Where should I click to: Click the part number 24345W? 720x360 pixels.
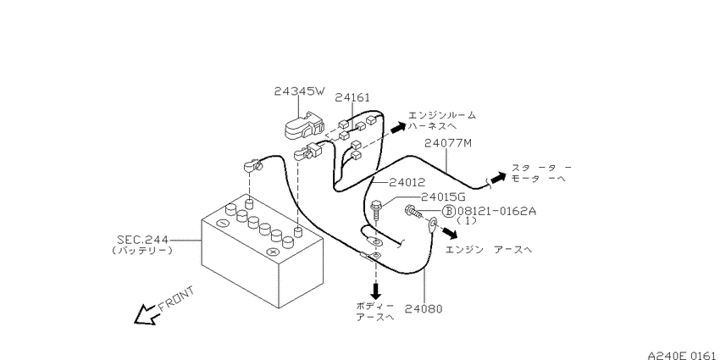pos(299,91)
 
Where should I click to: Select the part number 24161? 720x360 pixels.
pos(352,97)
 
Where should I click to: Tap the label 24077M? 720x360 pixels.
pos(448,143)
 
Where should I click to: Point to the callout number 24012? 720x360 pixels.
pos(407,183)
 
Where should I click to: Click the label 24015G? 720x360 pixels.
pos(443,197)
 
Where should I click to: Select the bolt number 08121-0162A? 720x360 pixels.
pos(496,211)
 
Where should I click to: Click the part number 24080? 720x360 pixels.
pos(424,308)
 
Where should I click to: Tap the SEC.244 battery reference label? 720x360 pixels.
pos(142,240)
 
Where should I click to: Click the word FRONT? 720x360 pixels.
pos(176,299)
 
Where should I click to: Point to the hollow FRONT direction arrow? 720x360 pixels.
pos(146,315)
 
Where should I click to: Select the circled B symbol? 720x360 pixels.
pos(449,211)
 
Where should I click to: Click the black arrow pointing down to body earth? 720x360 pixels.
pos(376,291)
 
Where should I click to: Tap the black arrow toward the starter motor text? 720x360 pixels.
pos(498,177)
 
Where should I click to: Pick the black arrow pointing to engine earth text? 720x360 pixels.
pos(451,233)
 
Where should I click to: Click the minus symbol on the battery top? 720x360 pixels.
pos(222,224)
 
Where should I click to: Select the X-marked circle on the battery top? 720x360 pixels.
pos(273,252)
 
